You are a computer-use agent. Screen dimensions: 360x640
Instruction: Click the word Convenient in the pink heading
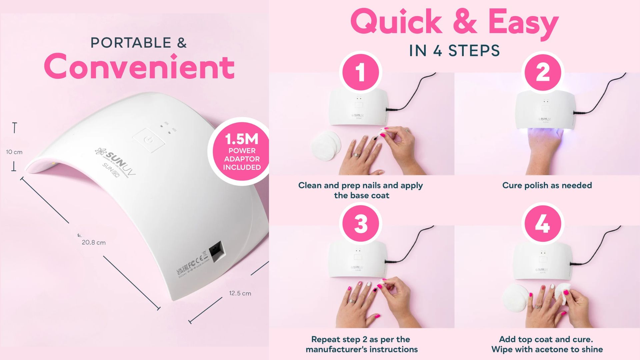point(139,66)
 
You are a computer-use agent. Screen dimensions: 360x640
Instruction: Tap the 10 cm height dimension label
point(14,152)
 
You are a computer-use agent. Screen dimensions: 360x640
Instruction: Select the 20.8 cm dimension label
point(94,243)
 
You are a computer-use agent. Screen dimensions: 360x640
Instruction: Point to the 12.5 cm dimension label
point(240,293)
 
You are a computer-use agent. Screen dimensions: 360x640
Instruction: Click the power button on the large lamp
point(149,140)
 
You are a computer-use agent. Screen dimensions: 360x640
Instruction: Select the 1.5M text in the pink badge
point(242,139)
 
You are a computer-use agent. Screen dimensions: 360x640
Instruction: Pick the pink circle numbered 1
point(360,72)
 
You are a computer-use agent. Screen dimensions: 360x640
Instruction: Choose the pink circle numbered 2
point(543,72)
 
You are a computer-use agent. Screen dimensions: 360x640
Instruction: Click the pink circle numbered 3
point(360,223)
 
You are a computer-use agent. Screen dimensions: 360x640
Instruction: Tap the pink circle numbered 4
point(542,223)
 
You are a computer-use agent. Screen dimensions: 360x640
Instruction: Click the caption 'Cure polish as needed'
point(547,185)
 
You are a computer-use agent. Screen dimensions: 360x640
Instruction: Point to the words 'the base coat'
point(362,195)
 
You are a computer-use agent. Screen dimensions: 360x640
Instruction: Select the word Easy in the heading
point(523,22)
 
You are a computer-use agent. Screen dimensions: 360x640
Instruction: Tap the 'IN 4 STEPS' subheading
point(454,51)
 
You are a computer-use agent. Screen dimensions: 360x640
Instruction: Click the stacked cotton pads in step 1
point(326,145)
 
